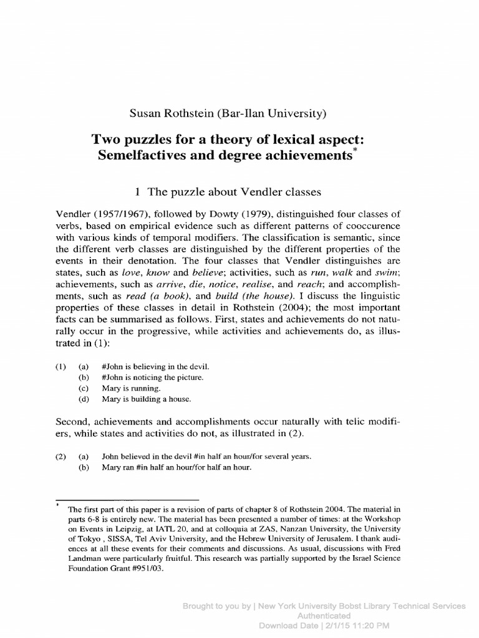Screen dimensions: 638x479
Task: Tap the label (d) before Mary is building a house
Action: tap(84, 399)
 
